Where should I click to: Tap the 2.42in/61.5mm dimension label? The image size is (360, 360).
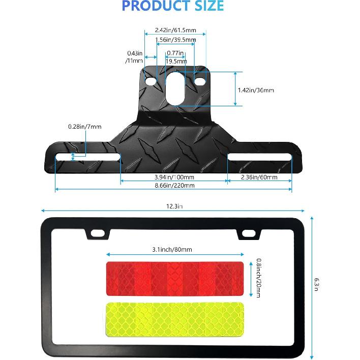tap(174, 30)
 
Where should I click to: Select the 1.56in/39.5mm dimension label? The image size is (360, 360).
tap(174, 40)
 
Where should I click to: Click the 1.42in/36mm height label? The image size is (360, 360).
tap(256, 90)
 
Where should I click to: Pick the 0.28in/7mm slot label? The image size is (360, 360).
tap(85, 126)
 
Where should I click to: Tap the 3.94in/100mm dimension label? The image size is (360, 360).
tap(174, 177)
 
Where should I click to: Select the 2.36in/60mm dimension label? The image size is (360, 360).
tap(259, 177)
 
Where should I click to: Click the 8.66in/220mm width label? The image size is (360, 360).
tap(174, 186)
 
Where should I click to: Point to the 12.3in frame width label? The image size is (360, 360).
tap(173, 206)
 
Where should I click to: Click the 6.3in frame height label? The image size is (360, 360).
tap(317, 284)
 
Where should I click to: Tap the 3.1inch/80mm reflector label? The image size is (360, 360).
tap(172, 249)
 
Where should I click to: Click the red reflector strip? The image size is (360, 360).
tap(174, 278)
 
